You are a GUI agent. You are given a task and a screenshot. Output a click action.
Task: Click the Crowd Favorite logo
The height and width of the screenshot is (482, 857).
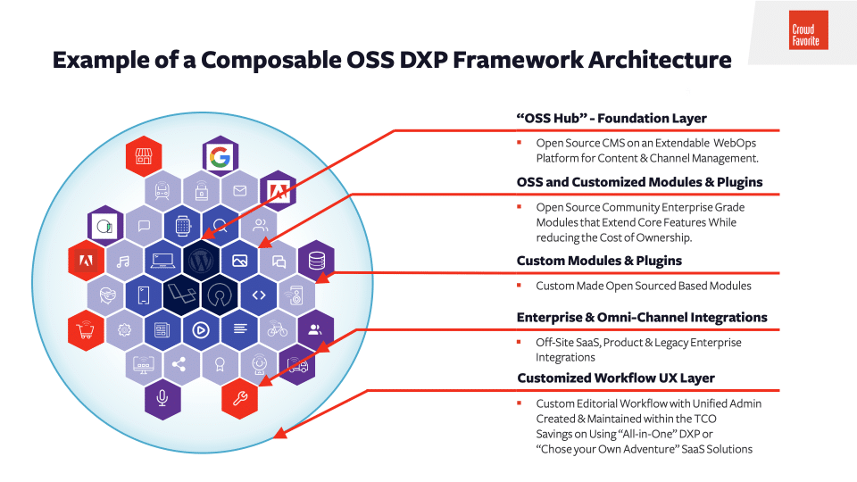click(810, 30)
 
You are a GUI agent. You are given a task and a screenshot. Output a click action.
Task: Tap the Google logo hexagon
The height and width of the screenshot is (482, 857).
click(220, 157)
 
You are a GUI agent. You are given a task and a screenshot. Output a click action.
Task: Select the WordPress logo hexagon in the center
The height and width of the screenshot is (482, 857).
click(200, 261)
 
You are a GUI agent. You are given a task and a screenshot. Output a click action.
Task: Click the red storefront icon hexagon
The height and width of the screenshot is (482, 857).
click(143, 157)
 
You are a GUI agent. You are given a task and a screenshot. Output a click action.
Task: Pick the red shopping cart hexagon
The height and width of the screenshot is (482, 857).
click(87, 329)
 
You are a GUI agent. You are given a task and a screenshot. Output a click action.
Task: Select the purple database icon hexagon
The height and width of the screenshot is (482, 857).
click(316, 261)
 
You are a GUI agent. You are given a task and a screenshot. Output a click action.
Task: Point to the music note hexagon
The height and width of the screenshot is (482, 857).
click(124, 261)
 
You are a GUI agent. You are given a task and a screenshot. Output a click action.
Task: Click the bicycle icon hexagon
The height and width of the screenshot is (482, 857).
click(278, 329)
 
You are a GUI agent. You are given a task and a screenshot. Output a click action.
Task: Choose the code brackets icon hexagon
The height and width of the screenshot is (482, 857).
click(258, 295)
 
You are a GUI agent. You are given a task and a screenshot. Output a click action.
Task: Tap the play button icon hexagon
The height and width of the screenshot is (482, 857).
click(201, 329)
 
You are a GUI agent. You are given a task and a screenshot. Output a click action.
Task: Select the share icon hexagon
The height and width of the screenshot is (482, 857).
click(181, 363)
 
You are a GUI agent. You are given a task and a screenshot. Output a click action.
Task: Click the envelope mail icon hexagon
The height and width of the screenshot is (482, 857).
click(239, 191)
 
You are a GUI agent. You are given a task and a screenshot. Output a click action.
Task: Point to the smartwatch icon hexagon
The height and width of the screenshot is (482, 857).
click(181, 226)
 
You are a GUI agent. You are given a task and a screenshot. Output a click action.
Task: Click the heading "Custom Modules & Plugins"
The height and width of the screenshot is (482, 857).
click(599, 261)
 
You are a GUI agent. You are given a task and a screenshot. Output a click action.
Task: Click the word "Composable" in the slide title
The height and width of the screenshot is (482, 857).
click(293, 60)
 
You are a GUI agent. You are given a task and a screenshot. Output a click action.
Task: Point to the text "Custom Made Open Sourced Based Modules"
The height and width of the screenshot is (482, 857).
click(643, 286)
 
